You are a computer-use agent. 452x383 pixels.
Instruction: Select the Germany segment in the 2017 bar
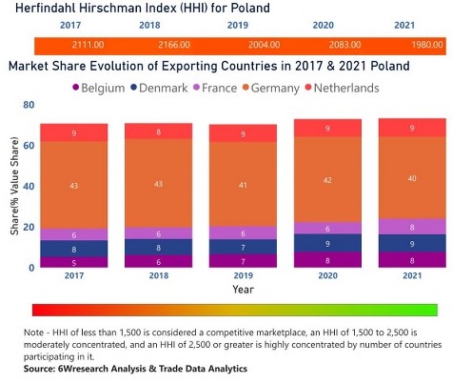tap(73, 185)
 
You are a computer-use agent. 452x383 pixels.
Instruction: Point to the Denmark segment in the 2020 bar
tap(328, 242)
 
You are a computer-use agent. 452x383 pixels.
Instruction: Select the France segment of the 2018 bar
tap(158, 233)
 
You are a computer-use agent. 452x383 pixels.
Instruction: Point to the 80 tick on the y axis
tap(29, 105)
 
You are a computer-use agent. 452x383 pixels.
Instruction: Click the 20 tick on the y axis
tap(29, 227)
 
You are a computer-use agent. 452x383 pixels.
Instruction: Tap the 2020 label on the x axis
tap(328, 276)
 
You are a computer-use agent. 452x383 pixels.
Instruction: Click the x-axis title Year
tap(244, 289)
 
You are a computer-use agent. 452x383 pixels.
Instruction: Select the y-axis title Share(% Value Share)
tap(12, 186)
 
